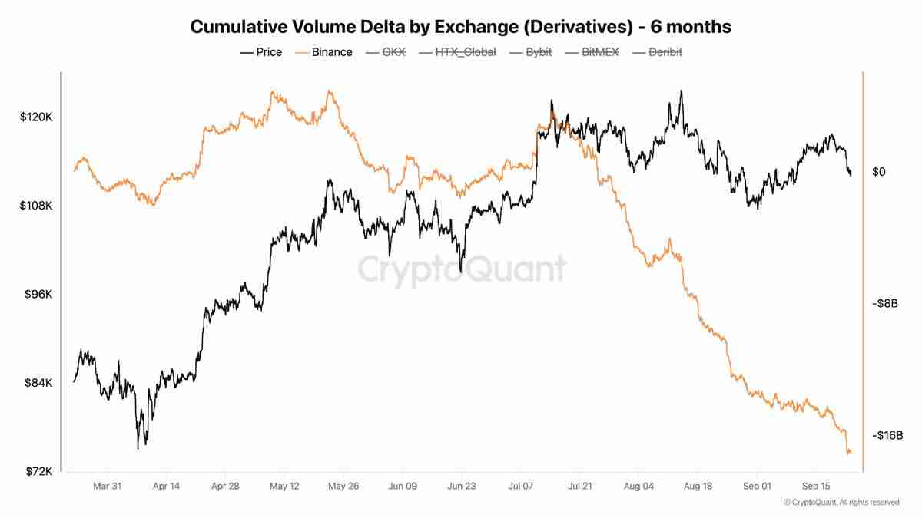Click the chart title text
(x=460, y=27)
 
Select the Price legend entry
(x=261, y=52)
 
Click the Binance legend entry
(x=323, y=52)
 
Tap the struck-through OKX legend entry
(x=386, y=52)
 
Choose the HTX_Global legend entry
(x=456, y=52)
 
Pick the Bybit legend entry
(x=529, y=52)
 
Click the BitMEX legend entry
(x=592, y=52)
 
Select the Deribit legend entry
(x=657, y=52)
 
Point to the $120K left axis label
(x=36, y=117)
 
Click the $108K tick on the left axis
(x=36, y=206)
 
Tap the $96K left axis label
(x=38, y=295)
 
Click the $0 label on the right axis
(x=879, y=172)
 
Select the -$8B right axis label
(x=884, y=304)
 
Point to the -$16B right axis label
(x=887, y=435)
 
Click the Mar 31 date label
(x=107, y=486)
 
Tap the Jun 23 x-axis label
(x=461, y=486)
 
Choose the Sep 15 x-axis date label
(x=816, y=486)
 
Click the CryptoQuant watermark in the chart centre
(x=462, y=269)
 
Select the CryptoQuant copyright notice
(x=841, y=503)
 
